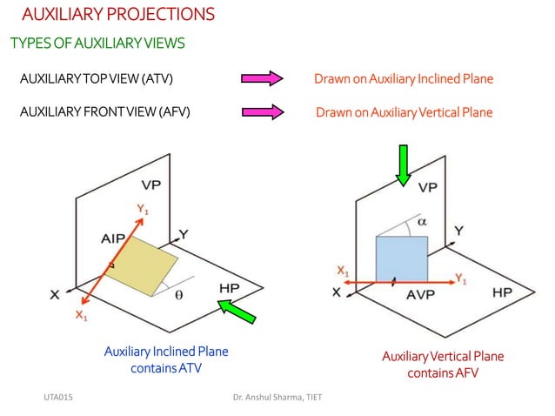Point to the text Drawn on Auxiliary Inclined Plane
click(404, 79)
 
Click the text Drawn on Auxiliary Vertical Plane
click(404, 112)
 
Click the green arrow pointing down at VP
click(403, 165)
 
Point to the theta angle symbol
click(179, 295)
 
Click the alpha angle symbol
click(422, 222)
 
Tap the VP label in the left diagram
click(151, 185)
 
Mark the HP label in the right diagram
click(502, 292)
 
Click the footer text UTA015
click(58, 397)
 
